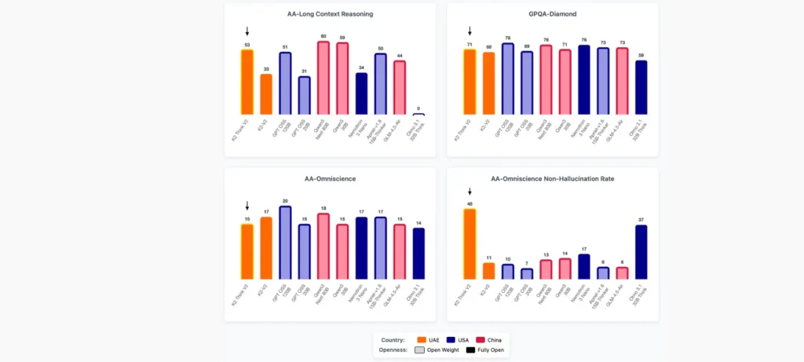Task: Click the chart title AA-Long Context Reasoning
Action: [x=330, y=14]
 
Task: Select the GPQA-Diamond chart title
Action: [x=552, y=14]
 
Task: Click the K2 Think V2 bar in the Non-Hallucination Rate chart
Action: [x=470, y=244]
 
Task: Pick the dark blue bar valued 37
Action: [x=641, y=252]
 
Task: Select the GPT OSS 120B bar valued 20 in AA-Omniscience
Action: [x=285, y=243]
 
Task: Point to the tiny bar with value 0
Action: [x=418, y=115]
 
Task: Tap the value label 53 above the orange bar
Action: [x=247, y=45]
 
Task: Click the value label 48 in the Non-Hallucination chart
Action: [x=470, y=204]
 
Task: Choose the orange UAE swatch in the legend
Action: [x=421, y=339]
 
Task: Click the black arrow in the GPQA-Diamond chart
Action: [x=470, y=31]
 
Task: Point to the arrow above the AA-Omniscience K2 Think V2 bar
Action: [x=247, y=206]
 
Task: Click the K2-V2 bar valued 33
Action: [x=266, y=95]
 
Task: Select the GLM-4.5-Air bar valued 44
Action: [x=400, y=88]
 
